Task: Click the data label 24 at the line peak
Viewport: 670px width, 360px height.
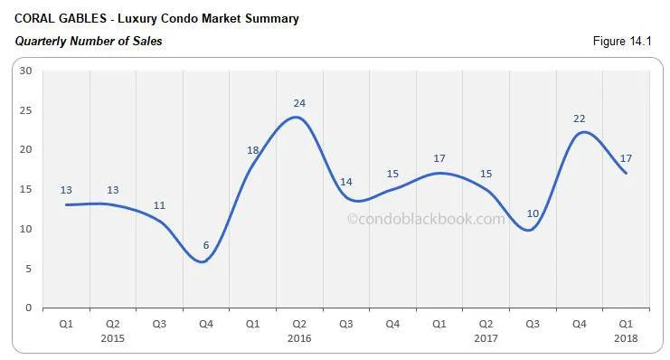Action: [x=299, y=103]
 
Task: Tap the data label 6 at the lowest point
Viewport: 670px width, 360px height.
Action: [x=206, y=246]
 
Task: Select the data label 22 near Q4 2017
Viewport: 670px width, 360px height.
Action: [x=579, y=118]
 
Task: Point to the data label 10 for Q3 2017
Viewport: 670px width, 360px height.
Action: [x=533, y=213]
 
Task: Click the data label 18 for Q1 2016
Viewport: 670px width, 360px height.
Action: [x=253, y=150]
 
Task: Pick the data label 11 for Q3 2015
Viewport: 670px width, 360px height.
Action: [x=159, y=205]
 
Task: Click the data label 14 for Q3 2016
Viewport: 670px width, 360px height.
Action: [x=346, y=182]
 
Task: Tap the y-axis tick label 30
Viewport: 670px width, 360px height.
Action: [x=25, y=71]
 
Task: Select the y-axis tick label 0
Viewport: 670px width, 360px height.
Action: [x=29, y=308]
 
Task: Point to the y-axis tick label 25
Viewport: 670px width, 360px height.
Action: [x=25, y=110]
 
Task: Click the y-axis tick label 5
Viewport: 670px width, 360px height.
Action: [x=29, y=269]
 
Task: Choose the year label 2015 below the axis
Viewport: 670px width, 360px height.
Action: [x=113, y=337]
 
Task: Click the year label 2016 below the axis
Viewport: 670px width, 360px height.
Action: [x=299, y=337]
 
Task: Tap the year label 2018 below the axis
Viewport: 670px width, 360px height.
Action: [x=625, y=337]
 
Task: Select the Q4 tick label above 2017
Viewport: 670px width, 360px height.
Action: [x=579, y=323]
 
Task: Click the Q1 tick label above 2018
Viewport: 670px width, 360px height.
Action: [x=625, y=323]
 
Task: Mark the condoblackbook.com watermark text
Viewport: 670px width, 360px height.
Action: [x=427, y=218]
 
